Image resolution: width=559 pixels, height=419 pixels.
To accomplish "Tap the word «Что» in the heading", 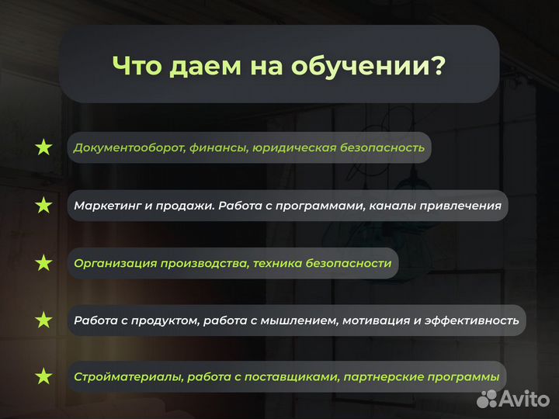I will click(x=140, y=66).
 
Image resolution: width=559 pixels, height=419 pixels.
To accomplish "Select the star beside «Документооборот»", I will click(x=43, y=147).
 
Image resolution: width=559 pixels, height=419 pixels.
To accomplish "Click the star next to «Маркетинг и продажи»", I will click(x=43, y=206).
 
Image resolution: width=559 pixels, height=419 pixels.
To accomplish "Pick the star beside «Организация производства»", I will click(x=43, y=264).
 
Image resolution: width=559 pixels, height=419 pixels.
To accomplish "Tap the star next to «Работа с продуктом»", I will click(x=43, y=320).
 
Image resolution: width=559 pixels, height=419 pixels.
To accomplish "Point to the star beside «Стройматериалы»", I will click(x=43, y=377).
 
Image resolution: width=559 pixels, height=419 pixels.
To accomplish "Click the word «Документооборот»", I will click(x=128, y=147).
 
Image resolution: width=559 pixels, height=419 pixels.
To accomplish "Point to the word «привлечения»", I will click(x=463, y=206).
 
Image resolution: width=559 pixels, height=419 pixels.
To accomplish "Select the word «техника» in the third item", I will click(x=278, y=264).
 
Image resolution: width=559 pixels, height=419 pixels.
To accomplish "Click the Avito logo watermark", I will click(x=514, y=399).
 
